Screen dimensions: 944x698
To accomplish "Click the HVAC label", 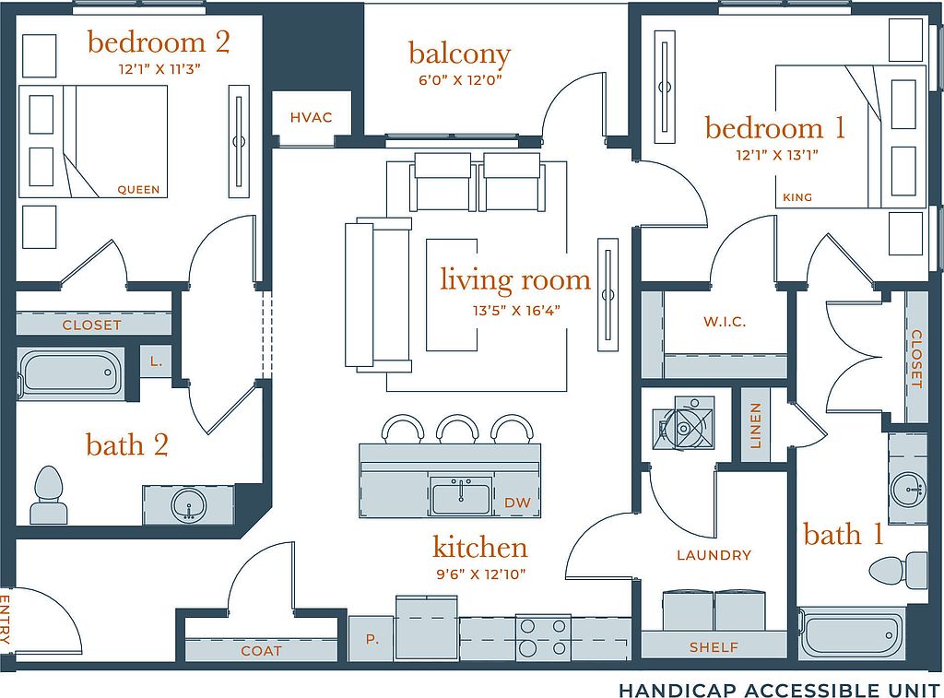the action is click(311, 117).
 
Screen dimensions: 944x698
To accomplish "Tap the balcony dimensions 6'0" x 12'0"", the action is click(460, 79).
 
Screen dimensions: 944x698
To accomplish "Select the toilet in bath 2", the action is click(49, 494).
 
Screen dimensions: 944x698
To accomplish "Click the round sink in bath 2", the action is click(188, 504).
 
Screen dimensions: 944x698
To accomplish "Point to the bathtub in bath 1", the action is click(852, 635).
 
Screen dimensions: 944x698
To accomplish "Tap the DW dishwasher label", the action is click(517, 503).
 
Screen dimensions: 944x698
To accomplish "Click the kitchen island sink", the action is click(461, 495).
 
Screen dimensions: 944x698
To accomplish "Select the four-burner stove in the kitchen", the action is click(543, 638).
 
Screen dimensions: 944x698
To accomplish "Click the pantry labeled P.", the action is click(372, 639).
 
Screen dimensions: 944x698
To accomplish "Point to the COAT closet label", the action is click(261, 651).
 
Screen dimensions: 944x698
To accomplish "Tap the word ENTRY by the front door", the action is click(6, 619).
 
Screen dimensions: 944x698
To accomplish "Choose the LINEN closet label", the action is click(756, 426).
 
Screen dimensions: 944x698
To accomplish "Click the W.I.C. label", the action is click(725, 322).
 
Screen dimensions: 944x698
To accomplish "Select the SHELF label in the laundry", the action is click(714, 647).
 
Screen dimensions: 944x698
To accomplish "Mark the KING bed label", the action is click(797, 197).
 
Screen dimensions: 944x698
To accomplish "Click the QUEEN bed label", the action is click(138, 190).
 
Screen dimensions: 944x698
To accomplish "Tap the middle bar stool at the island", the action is click(457, 429).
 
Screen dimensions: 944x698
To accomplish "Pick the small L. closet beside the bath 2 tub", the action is click(156, 361).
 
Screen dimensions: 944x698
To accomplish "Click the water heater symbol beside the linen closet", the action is click(683, 423).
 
